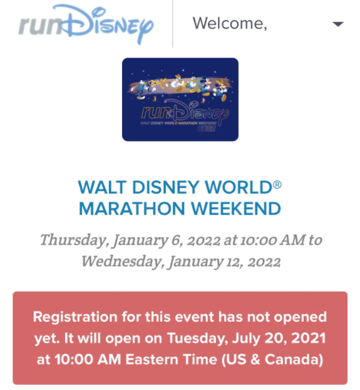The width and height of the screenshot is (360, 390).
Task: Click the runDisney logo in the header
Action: [x=86, y=24]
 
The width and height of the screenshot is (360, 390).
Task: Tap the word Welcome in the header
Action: [x=230, y=24]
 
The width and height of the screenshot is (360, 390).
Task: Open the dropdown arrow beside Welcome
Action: [x=338, y=24]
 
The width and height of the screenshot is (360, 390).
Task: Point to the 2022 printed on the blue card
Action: [x=206, y=128]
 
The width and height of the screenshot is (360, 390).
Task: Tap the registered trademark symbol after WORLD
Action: [x=277, y=185]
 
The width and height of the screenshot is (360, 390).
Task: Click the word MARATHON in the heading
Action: [x=132, y=208]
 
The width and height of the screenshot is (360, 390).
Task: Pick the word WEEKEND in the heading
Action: [x=236, y=208]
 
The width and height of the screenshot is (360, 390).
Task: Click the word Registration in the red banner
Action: [x=75, y=317]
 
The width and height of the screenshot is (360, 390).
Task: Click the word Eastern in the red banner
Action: [x=152, y=360]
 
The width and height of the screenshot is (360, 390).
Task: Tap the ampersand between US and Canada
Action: [x=255, y=360]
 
